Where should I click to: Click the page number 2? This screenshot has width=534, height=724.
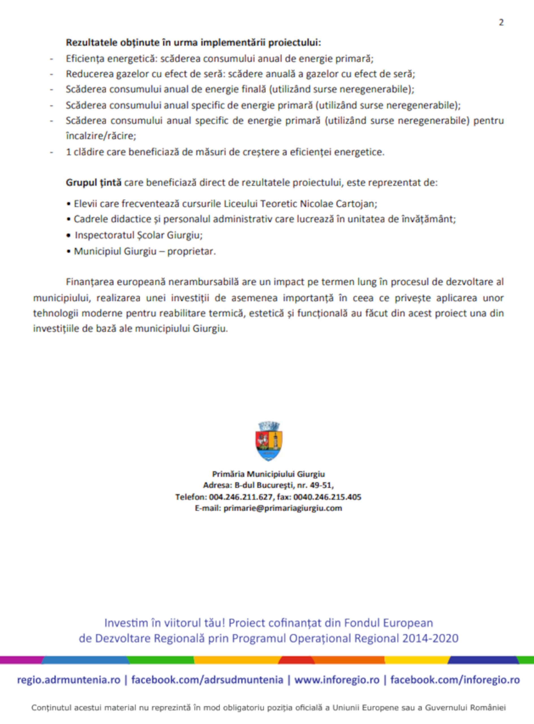pyautogui.click(x=501, y=23)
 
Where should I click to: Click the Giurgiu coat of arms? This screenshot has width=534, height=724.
pyautogui.click(x=269, y=441)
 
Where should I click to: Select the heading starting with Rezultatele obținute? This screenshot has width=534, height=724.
pyautogui.click(x=193, y=43)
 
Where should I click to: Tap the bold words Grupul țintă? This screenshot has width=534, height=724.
pyautogui.click(x=94, y=183)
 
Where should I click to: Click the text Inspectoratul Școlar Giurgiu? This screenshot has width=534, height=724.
pyautogui.click(x=139, y=235)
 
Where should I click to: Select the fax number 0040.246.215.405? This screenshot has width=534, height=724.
pyautogui.click(x=327, y=497)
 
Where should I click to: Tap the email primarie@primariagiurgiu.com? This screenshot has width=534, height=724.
pyautogui.click(x=283, y=508)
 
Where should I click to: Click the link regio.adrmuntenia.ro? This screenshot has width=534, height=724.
pyautogui.click(x=69, y=680)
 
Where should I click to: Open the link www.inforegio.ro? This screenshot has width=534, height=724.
pyautogui.click(x=337, y=680)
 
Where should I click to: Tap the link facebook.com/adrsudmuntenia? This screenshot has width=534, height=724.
pyautogui.click(x=207, y=680)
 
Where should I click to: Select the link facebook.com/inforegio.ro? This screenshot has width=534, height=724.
pyautogui.click(x=455, y=680)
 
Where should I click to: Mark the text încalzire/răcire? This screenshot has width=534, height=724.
pyautogui.click(x=101, y=136)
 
